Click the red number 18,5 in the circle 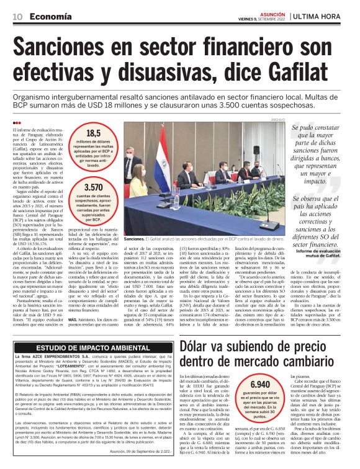point(93,133)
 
